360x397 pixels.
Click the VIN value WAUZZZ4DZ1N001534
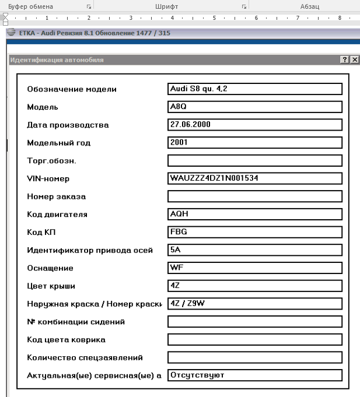pyautogui.click(x=214, y=178)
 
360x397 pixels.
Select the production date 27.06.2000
pyautogui.click(x=190, y=124)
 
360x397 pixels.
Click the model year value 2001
pyautogui.click(x=179, y=142)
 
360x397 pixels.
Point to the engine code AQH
pyautogui.click(x=179, y=214)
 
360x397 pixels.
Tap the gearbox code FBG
pyautogui.click(x=179, y=231)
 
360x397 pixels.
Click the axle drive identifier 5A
pyautogui.click(x=176, y=250)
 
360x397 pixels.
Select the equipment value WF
pyautogui.click(x=176, y=268)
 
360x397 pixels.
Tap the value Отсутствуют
pyautogui.click(x=197, y=375)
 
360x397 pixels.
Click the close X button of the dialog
pyautogui.click(x=354, y=60)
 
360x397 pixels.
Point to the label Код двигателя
pyautogui.click(x=57, y=215)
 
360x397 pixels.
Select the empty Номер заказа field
pyautogui.click(x=254, y=196)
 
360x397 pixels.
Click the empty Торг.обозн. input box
pyautogui.click(x=254, y=160)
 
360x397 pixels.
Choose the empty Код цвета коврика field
pyautogui.click(x=254, y=339)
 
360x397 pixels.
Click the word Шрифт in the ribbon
pyautogui.click(x=166, y=6)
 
